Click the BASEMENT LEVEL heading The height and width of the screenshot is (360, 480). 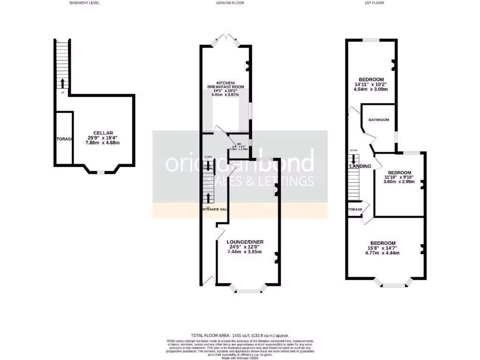84,3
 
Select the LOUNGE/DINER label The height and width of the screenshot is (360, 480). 246,242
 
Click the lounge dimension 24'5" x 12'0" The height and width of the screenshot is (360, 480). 246,247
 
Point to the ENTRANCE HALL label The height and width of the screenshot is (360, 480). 214,209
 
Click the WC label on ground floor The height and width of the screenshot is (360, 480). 239,144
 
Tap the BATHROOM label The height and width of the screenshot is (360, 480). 379,120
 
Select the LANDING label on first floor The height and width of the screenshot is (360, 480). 360,166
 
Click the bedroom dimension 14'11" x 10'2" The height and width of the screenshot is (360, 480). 371,84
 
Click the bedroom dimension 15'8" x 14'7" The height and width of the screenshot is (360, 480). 382,248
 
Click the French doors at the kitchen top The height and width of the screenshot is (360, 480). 226,40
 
